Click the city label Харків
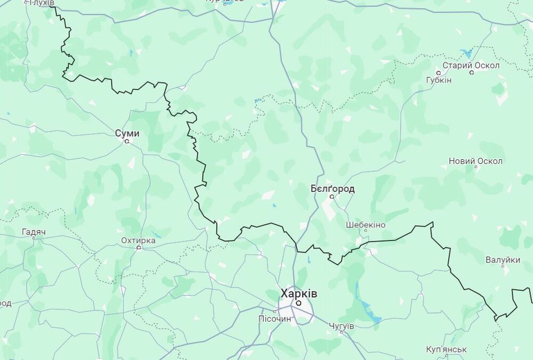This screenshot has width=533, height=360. pyautogui.click(x=299, y=293)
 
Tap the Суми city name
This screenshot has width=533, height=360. pyautogui.click(x=127, y=133)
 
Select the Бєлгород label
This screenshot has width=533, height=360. pyautogui.click(x=332, y=189)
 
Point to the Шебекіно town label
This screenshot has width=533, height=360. pyautogui.click(x=365, y=225)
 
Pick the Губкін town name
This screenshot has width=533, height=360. pyautogui.click(x=439, y=80)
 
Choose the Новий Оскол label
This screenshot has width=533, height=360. pyautogui.click(x=475, y=161)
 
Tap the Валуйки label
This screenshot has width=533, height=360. pyautogui.click(x=503, y=260)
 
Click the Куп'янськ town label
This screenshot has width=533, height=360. pyautogui.click(x=447, y=349)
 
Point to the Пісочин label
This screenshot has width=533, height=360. pyautogui.click(x=275, y=319)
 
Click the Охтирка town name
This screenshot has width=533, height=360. pyautogui.click(x=139, y=240)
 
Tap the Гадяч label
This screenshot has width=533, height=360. pyautogui.click(x=34, y=232)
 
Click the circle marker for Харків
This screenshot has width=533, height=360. pyautogui.click(x=299, y=303)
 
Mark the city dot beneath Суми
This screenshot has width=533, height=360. pyautogui.click(x=127, y=142)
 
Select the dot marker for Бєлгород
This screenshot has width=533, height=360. pyautogui.click(x=332, y=197)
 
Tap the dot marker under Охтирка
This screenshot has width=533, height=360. pyautogui.click(x=139, y=248)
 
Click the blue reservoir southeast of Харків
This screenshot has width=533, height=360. pyautogui.click(x=369, y=311)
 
